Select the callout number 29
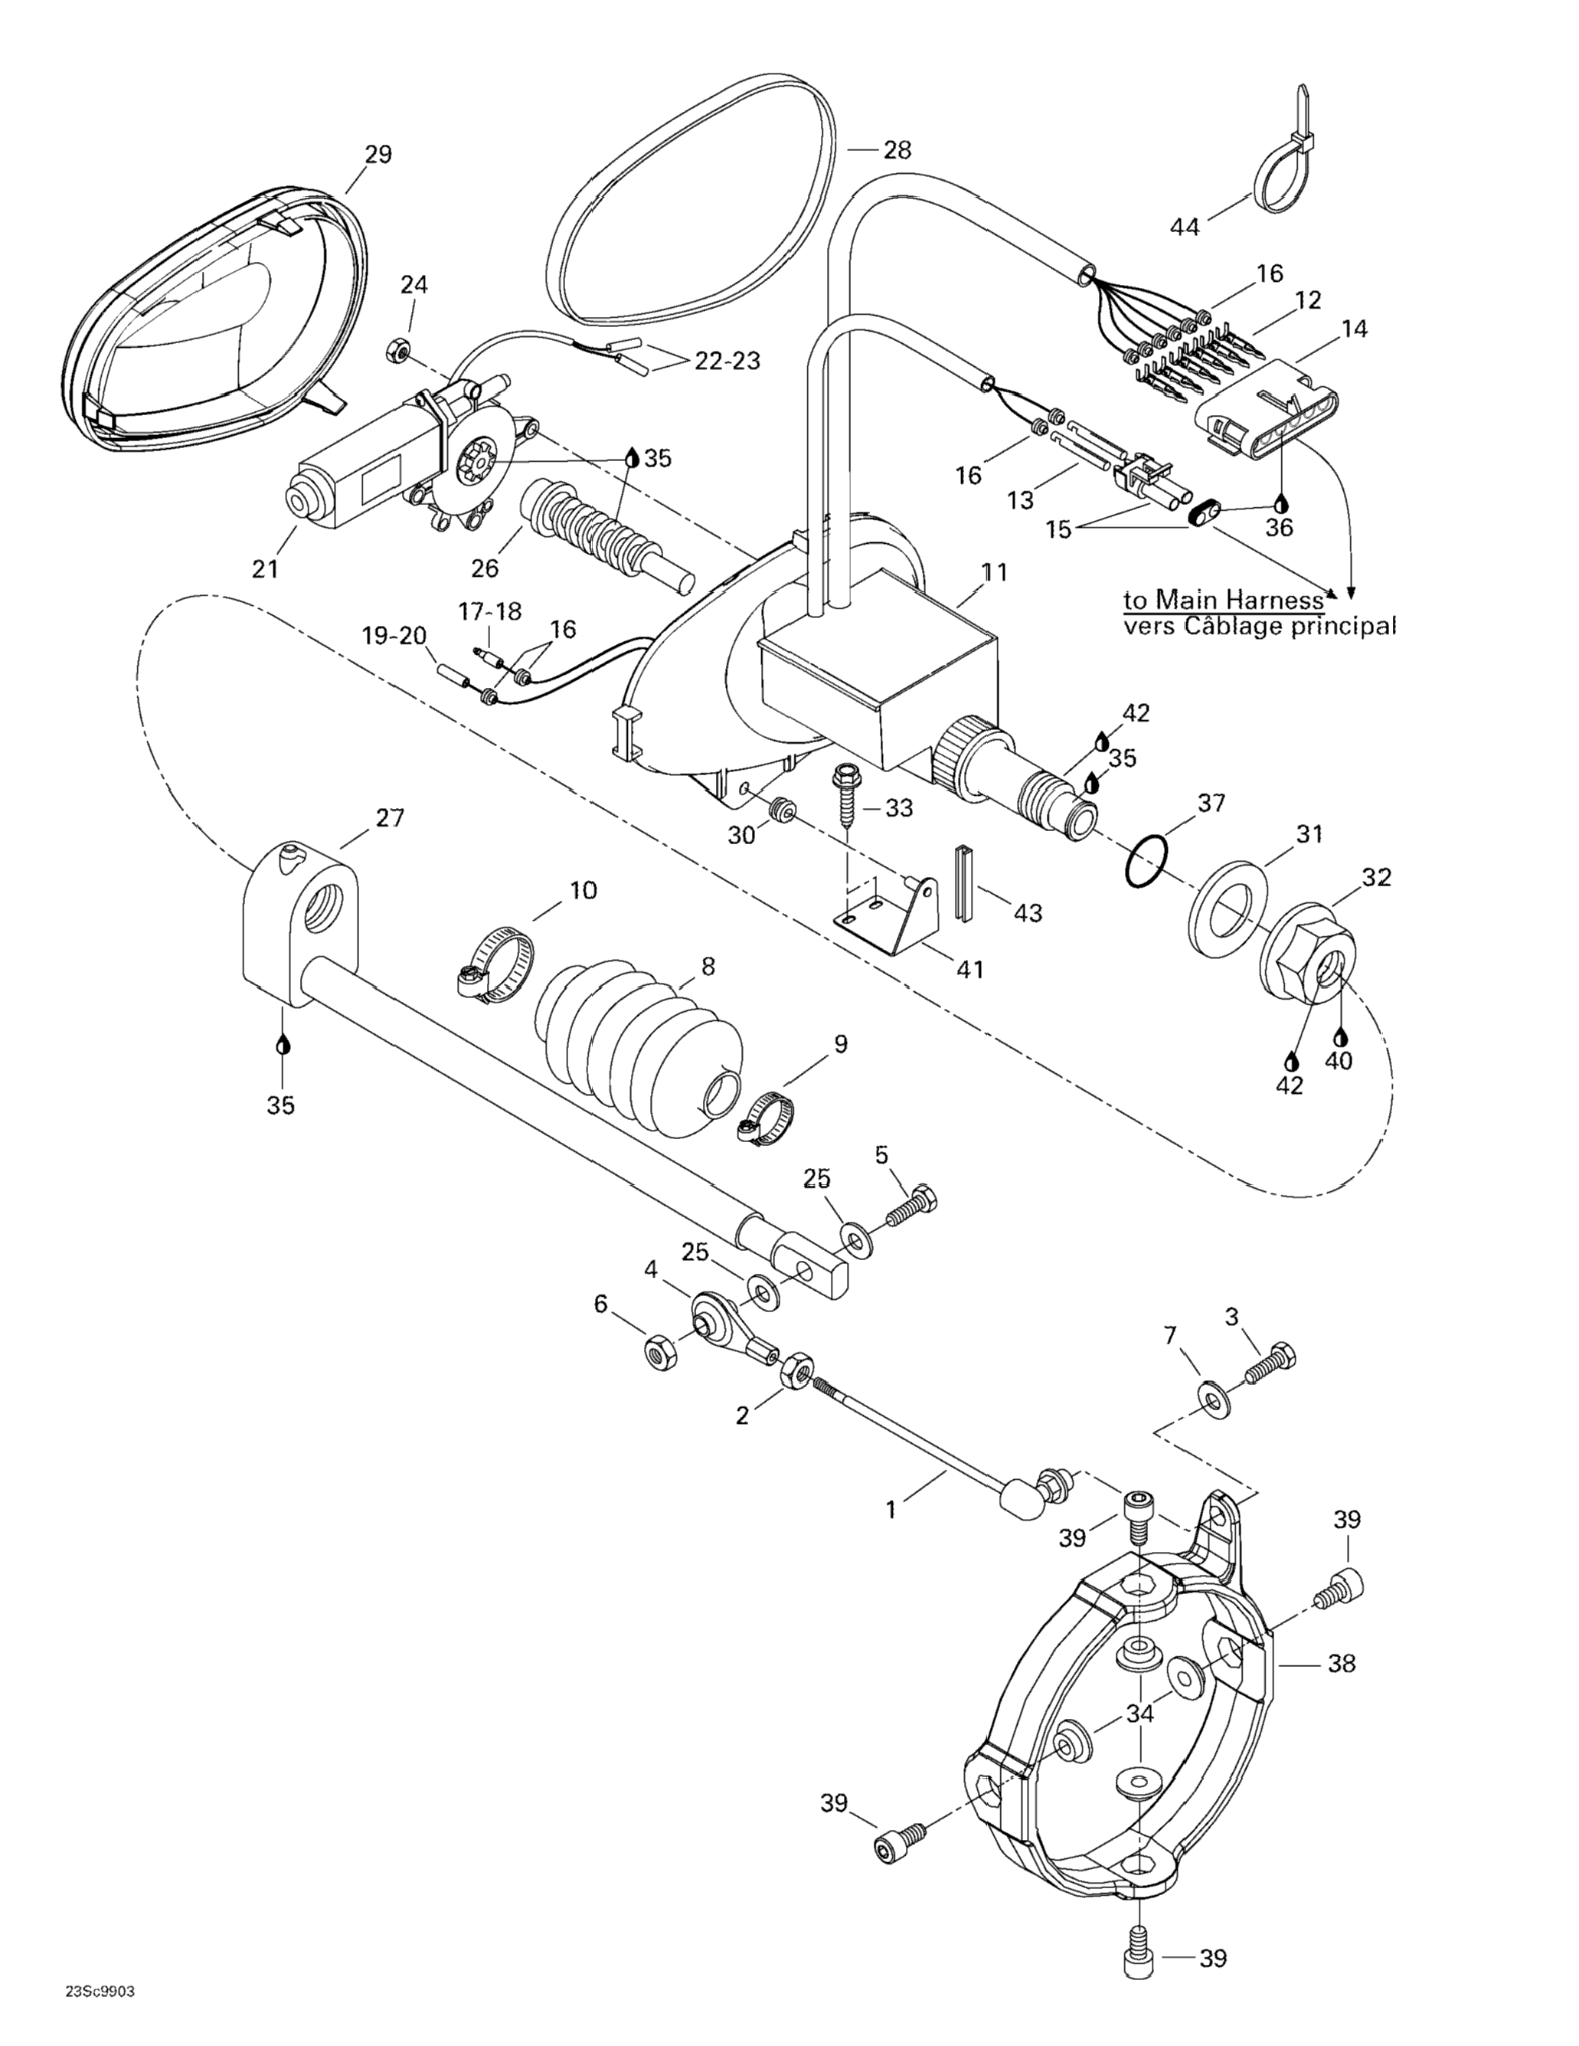pyautogui.click(x=378, y=154)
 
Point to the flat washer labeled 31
pyautogui.click(x=1228, y=900)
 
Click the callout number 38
pyautogui.click(x=1341, y=1664)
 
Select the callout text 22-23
pyautogui.click(x=727, y=360)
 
